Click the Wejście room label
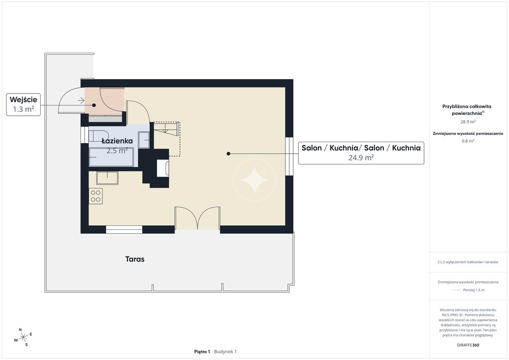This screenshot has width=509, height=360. coord(23,99)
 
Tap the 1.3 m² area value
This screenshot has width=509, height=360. coord(23,109)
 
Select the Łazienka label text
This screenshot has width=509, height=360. coord(117,141)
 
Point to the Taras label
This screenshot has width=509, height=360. coord(135,259)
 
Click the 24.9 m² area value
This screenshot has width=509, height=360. coord(361,158)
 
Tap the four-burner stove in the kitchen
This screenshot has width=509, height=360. coord(96,196)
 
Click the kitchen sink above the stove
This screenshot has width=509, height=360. coord(107,178)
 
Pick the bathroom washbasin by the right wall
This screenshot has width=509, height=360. coord(144,140)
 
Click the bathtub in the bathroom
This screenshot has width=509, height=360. coord(111,157)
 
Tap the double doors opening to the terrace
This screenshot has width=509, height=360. coord(197,218)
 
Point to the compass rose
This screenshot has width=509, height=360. coord(23,338)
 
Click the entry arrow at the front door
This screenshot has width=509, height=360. coord(81,100)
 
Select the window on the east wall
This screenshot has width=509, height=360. coord(289,157)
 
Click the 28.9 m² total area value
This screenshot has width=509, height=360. coord(468,122)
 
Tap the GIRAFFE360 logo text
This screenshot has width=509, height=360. coord(468,345)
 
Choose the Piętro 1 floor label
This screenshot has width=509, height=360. coord(202,352)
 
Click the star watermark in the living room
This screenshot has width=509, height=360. coord(254,180)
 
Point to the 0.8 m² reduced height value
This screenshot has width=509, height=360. coord(468,141)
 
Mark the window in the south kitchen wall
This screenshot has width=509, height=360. coord(124,230)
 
